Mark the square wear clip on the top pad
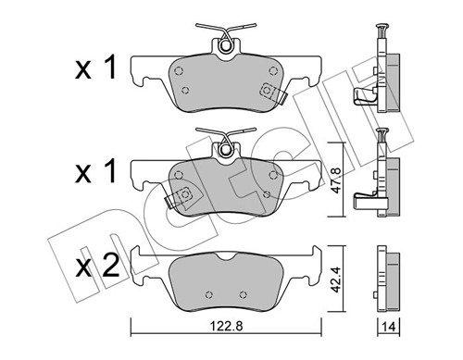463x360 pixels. pyautogui.click(x=271, y=92)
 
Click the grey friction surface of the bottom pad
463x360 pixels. pyautogui.click(x=227, y=282)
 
